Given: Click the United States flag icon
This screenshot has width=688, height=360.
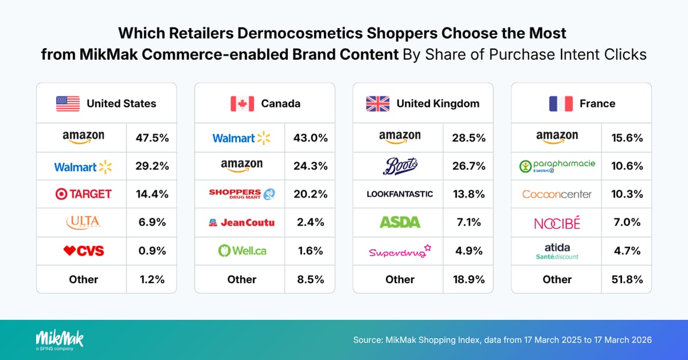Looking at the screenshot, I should (68, 104).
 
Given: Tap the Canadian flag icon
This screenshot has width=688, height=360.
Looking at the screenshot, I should (242, 104).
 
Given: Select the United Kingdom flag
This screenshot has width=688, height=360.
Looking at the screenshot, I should (377, 104).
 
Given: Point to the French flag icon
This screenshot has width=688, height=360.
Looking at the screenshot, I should (561, 104).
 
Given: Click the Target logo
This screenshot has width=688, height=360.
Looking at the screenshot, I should (83, 195).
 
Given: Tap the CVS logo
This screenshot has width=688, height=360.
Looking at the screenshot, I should (83, 251).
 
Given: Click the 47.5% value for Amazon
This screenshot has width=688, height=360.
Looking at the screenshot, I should (152, 138).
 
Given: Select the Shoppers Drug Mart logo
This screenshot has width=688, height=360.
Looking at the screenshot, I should (242, 195).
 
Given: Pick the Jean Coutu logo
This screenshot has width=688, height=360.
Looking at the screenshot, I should (242, 223).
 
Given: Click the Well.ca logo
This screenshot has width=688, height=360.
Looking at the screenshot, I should (242, 251).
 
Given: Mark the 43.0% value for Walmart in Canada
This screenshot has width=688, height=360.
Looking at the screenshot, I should (311, 138).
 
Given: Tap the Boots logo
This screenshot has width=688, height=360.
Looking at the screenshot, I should (400, 167).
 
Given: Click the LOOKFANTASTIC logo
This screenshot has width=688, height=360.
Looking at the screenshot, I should (400, 195).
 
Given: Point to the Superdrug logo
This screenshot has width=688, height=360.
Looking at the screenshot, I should (400, 251).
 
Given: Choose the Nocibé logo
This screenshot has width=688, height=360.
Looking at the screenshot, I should (557, 223).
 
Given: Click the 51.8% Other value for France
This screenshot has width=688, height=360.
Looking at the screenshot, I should (627, 280).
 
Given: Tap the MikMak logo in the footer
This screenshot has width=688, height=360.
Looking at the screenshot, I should (59, 339).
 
